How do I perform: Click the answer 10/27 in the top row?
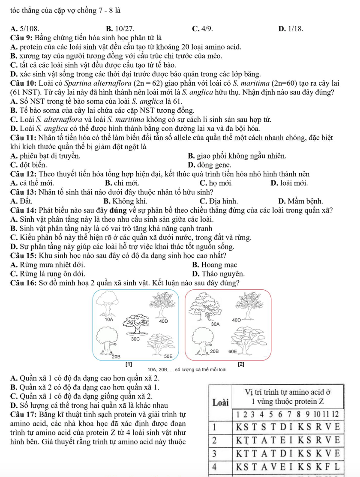click(124, 29)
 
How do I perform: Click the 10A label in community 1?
click(109, 320)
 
